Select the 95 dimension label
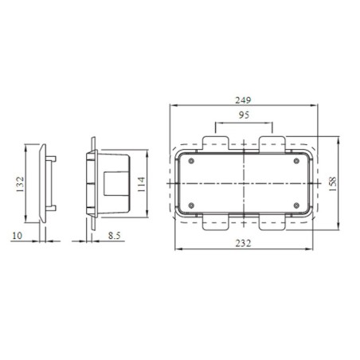(244, 117)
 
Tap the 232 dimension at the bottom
(244, 243)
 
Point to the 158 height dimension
(333, 182)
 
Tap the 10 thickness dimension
(18, 235)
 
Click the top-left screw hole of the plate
(191, 161)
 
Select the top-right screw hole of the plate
(296, 161)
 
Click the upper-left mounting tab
(217, 143)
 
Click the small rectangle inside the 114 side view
(108, 185)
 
